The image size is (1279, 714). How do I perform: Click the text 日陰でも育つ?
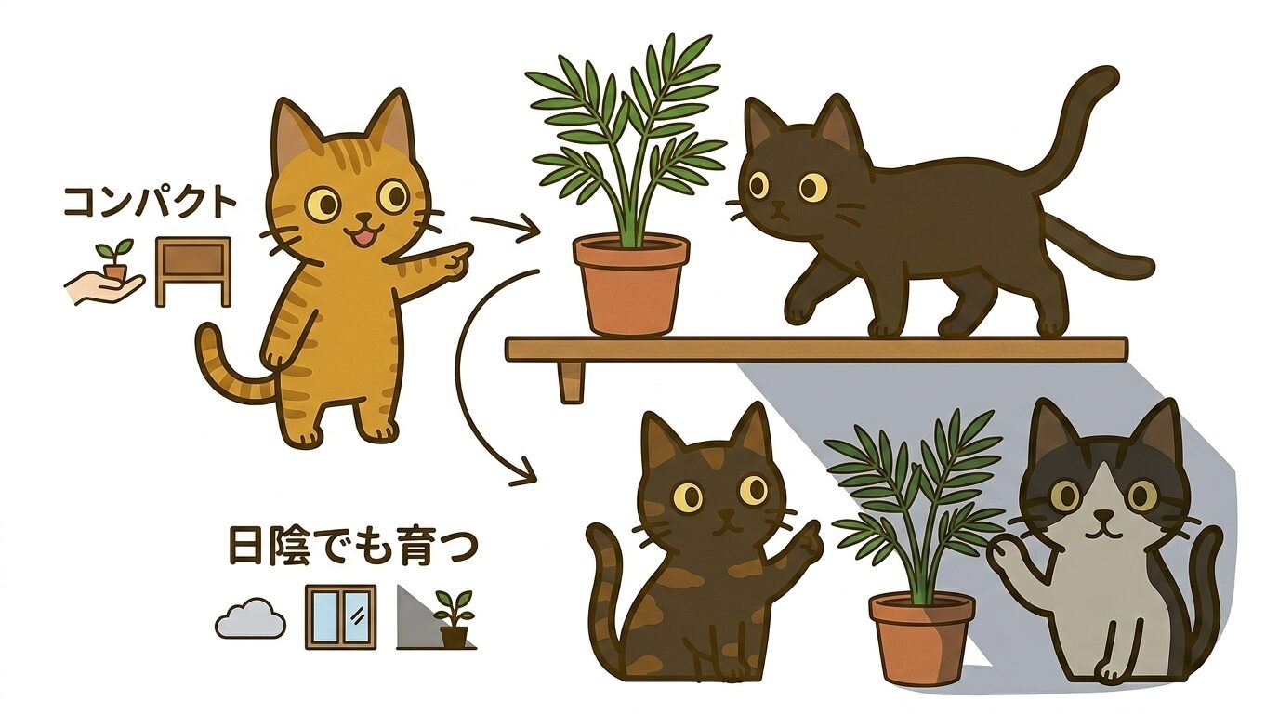(x=352, y=548)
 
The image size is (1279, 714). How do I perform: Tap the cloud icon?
(x=250, y=617)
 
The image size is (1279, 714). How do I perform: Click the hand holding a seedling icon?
(x=107, y=278)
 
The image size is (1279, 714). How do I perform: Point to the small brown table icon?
(x=192, y=271)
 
